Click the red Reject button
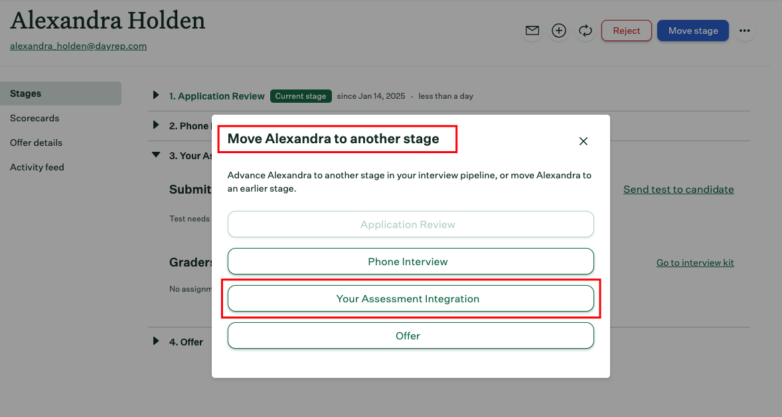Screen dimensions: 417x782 [626, 30]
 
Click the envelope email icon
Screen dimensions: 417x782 [532, 30]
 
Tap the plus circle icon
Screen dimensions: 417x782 [559, 30]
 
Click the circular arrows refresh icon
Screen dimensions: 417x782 [585, 30]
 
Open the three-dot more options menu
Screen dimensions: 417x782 [745, 30]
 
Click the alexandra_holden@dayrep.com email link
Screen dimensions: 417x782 [78, 46]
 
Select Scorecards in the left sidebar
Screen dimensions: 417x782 [35, 118]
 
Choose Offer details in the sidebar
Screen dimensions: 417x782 [36, 143]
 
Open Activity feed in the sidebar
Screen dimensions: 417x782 [37, 167]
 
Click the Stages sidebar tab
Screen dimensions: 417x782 [26, 93]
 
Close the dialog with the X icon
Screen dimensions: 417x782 [584, 141]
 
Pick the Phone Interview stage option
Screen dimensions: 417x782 [410, 261]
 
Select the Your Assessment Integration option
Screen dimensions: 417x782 [410, 298]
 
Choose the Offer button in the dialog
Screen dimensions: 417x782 [410, 335]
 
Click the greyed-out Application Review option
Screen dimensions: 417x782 [410, 224]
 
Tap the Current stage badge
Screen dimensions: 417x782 [301, 96]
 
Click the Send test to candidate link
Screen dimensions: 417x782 [678, 190]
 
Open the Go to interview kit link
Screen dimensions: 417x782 [695, 263]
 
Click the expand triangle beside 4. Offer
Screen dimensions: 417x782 [156, 341]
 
